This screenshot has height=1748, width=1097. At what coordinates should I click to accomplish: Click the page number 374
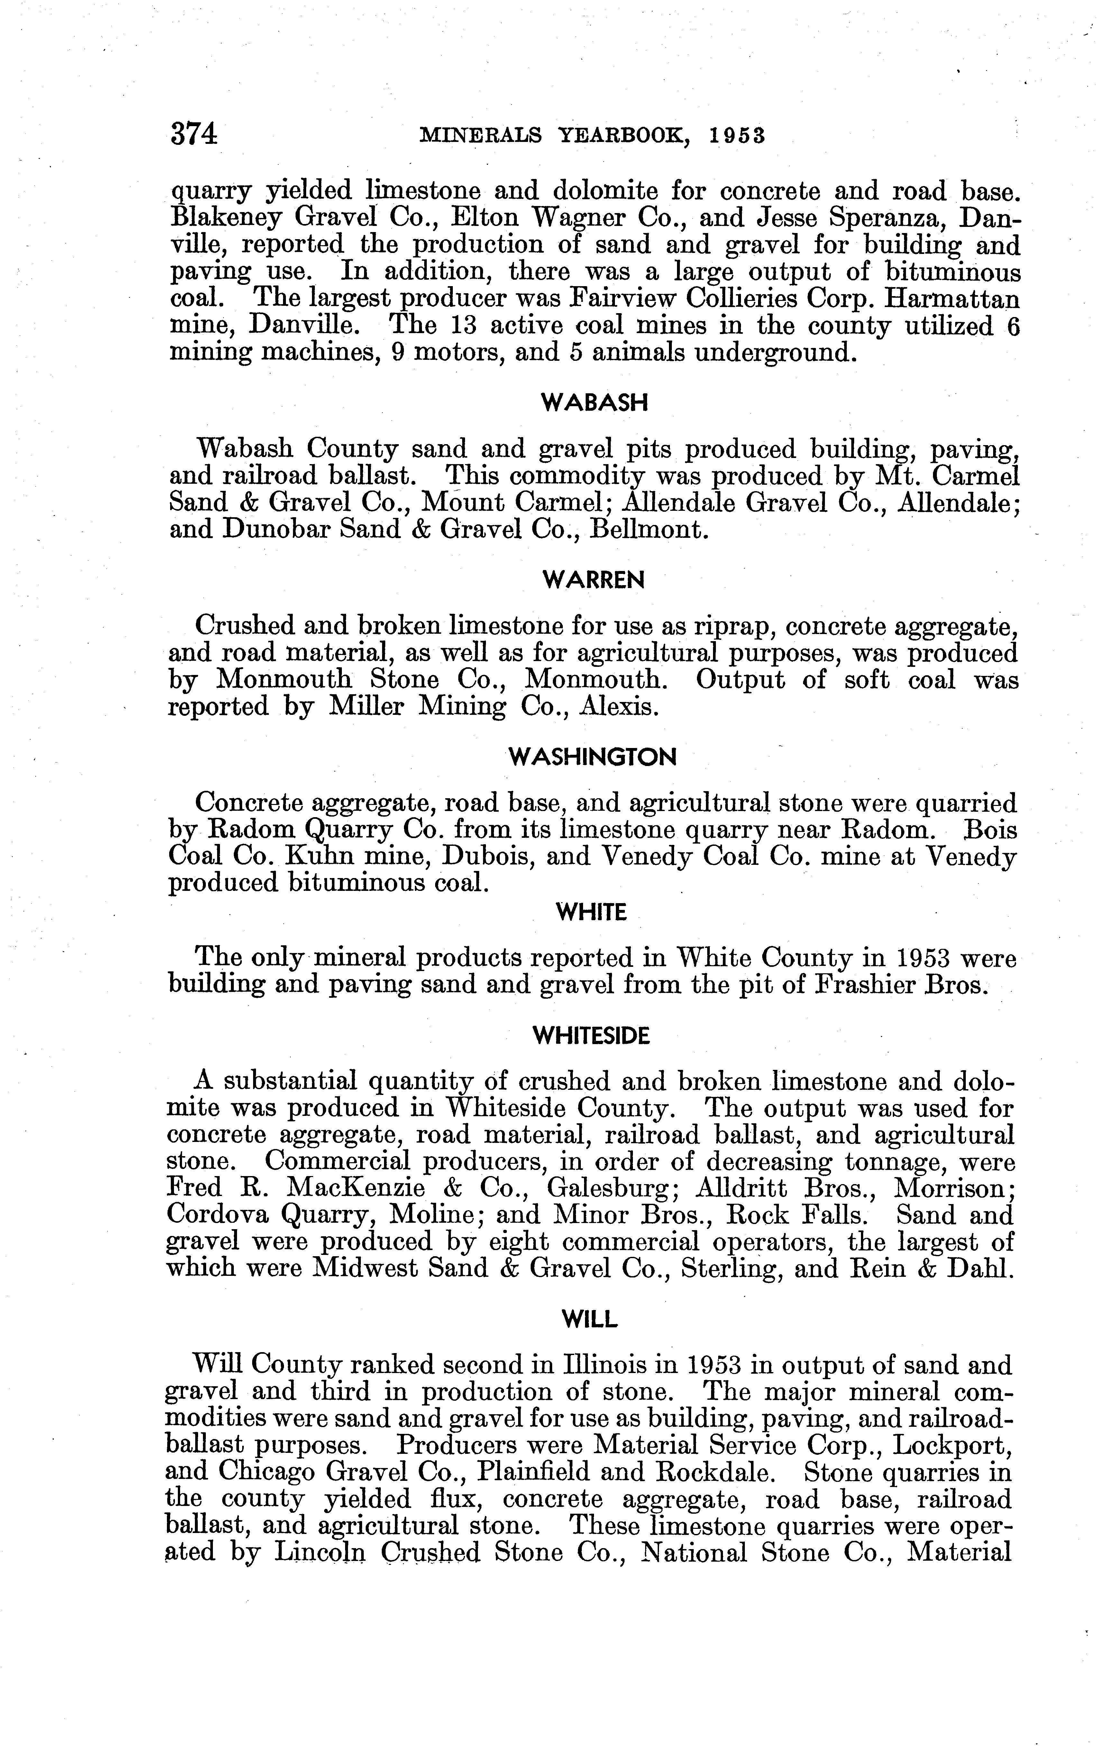(x=194, y=135)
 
